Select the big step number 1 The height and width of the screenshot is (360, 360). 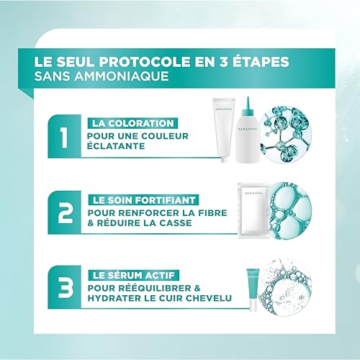click(x=64, y=138)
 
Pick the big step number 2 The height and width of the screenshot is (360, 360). click(x=65, y=213)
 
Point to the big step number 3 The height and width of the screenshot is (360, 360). click(x=66, y=288)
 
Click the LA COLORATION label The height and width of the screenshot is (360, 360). click(x=132, y=123)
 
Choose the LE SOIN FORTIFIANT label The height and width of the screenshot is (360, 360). click(x=143, y=200)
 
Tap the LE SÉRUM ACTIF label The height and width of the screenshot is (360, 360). click(x=134, y=275)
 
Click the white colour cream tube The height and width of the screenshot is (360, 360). click(x=224, y=130)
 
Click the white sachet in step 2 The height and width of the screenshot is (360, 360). click(x=254, y=210)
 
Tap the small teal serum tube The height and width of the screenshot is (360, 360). click(x=253, y=289)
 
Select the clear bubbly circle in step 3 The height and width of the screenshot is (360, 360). click(x=286, y=287)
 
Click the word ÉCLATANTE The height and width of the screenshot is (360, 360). click(x=116, y=146)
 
